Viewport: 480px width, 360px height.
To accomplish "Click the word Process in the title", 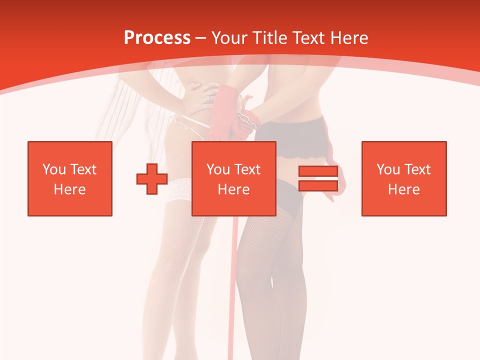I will coord(157,38).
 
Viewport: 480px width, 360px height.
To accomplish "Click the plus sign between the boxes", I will coord(152,179).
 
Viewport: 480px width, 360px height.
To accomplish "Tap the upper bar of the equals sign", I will coord(318,171).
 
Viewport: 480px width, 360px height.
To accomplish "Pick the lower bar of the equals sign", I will coord(318,185).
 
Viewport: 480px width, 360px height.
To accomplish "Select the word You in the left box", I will coord(53,169).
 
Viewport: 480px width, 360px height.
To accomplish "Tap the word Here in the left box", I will coord(69,189).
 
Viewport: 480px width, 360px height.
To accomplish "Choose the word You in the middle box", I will coord(218,169).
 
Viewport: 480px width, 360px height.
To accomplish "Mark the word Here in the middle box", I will coord(233,189).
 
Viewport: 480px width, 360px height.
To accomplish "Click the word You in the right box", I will coord(388,169).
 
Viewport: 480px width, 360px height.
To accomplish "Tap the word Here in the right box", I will coord(403,189).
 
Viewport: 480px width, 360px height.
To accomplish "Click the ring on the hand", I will coord(207,99).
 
